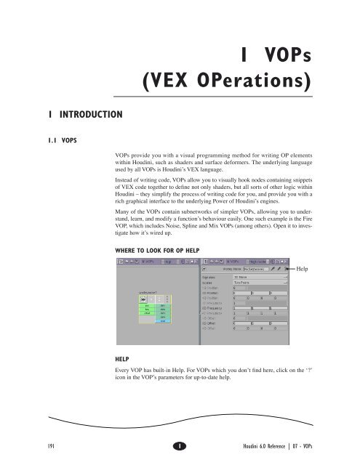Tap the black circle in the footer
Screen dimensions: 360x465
pyautogui.click(x=179, y=442)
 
